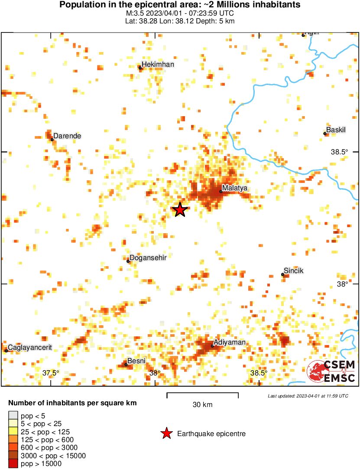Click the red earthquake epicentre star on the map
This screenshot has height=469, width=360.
[180, 210]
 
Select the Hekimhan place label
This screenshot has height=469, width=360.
[158, 65]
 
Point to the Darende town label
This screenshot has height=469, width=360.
[67, 136]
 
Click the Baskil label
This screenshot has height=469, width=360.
[336, 130]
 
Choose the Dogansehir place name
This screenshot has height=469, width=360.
[148, 257]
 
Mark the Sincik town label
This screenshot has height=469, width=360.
[294, 271]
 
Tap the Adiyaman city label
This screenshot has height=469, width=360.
[230, 342]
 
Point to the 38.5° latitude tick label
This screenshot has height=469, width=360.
[340, 152]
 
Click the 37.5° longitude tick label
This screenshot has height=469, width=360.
[51, 373]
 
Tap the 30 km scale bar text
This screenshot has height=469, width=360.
[202, 405]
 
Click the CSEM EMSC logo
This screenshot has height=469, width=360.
[331, 371]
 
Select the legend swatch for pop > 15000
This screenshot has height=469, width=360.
[13, 464]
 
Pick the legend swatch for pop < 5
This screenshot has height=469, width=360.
[13, 416]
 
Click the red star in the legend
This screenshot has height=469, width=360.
[166, 433]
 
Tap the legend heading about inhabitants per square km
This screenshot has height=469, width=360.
[72, 403]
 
